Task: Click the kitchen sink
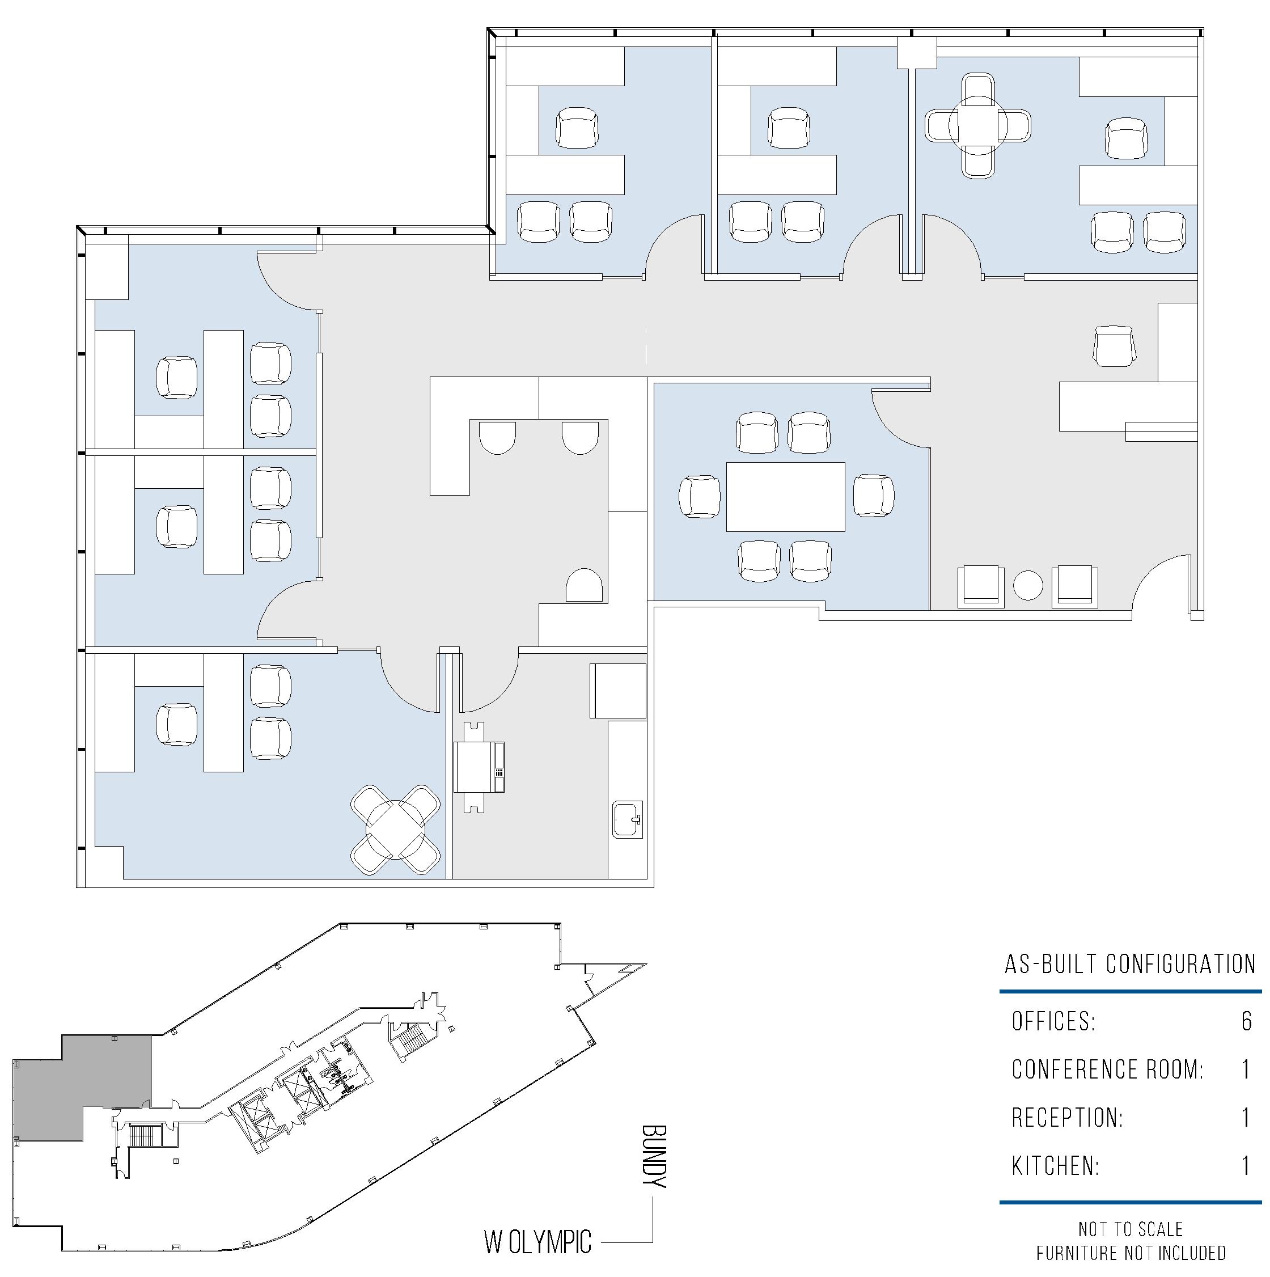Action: point(628,819)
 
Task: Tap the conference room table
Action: point(786,496)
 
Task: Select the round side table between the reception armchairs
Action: point(1027,585)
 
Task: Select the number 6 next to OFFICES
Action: point(1246,1021)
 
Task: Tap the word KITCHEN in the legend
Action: point(1055,1166)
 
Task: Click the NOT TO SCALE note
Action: point(1131,1229)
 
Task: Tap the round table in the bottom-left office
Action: point(395,830)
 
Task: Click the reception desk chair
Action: point(1115,346)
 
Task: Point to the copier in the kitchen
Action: point(479,767)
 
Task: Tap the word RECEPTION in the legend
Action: point(1067,1118)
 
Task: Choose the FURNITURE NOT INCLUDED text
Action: point(1131,1253)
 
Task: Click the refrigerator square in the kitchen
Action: point(618,691)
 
